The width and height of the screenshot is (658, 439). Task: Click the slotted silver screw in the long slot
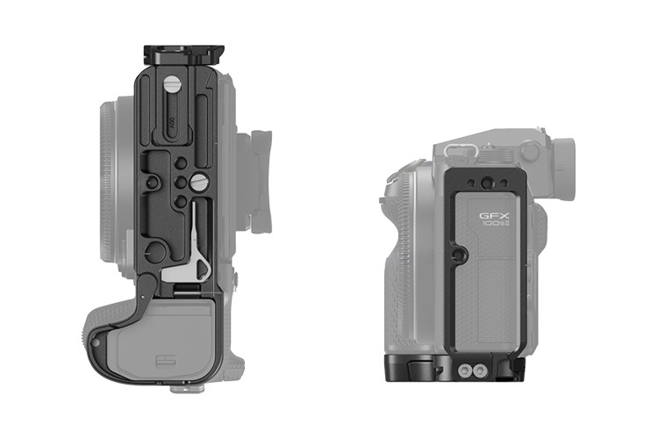click(x=174, y=84)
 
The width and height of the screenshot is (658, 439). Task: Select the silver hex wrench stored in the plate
click(x=197, y=254)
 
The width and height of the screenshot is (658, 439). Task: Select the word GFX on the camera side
click(x=495, y=214)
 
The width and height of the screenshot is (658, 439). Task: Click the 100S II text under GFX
click(x=497, y=226)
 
